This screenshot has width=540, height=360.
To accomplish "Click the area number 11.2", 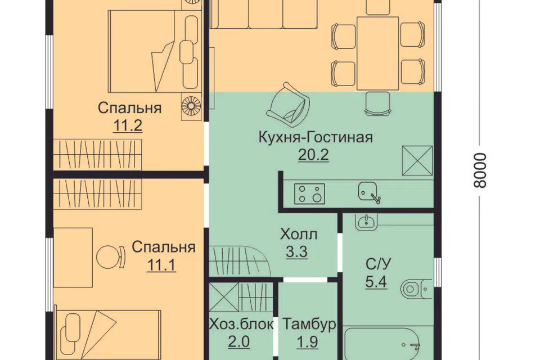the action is (128, 126).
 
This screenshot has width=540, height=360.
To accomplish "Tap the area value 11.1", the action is (161, 265).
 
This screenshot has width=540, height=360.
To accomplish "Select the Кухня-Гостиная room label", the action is (316, 137).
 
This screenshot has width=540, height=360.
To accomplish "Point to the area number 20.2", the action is (313, 155).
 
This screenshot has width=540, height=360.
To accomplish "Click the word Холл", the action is (299, 235).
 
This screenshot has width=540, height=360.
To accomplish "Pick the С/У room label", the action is (378, 264).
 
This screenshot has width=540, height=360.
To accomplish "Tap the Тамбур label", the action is (309, 324).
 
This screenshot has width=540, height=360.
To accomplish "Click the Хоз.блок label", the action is (241, 324).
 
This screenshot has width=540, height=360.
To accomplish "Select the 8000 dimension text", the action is (480, 170).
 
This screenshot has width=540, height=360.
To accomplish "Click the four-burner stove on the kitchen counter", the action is (309, 193).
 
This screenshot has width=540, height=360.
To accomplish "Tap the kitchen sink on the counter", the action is (368, 192).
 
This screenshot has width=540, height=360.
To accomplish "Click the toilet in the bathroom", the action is (416, 289).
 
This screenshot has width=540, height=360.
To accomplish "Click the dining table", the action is (378, 53).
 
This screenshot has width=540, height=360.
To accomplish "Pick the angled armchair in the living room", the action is (287, 103).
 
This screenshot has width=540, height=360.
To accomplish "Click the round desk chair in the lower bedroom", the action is (110, 257).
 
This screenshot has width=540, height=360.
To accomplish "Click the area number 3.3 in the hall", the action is (296, 252).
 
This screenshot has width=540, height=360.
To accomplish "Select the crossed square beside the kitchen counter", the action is (417, 160).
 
